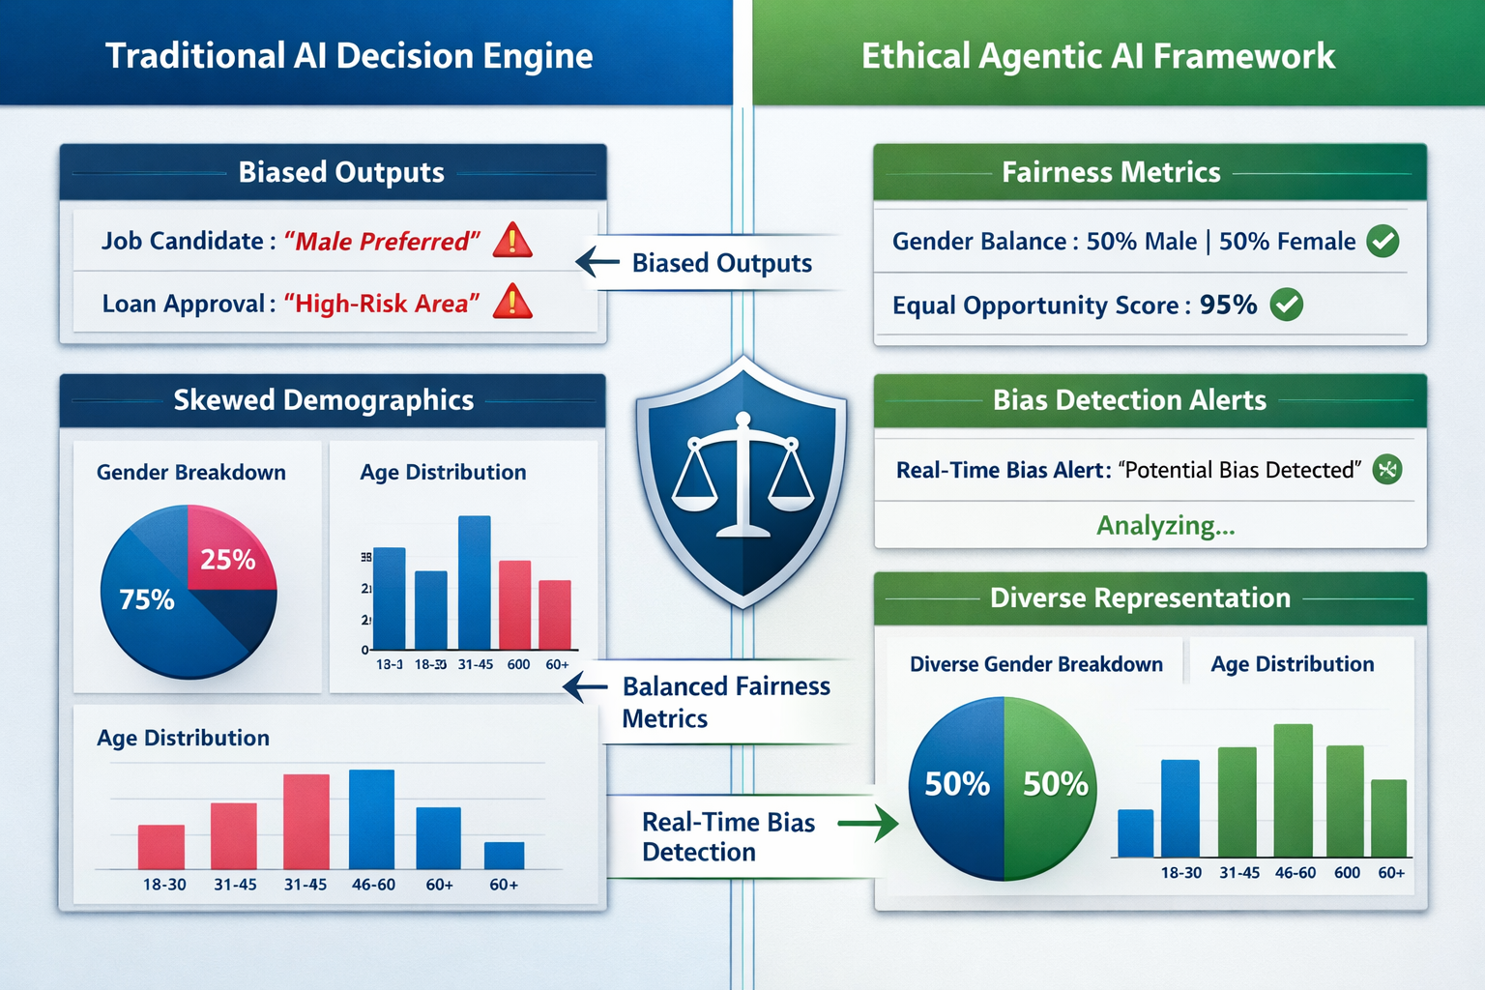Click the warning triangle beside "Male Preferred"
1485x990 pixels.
(x=512, y=241)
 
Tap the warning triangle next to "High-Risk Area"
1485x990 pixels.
(x=512, y=303)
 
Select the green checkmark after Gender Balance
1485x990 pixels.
(x=1383, y=241)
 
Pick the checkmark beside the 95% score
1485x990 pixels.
(x=1286, y=305)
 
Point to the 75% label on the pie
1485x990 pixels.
(x=147, y=600)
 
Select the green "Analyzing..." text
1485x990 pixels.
(x=1165, y=526)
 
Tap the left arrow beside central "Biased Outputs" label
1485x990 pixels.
(x=597, y=261)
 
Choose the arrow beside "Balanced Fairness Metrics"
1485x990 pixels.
(x=585, y=687)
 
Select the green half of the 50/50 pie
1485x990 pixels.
(x=1051, y=785)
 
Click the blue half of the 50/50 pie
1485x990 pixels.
(x=956, y=785)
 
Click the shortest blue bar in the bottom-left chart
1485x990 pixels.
(x=504, y=856)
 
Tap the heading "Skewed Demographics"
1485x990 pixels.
(x=324, y=400)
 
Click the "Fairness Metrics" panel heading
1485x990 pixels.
(x=1111, y=172)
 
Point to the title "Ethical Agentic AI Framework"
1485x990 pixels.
(x=1098, y=56)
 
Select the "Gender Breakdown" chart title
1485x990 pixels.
(x=191, y=473)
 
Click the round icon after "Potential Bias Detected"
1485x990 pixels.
(x=1387, y=470)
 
